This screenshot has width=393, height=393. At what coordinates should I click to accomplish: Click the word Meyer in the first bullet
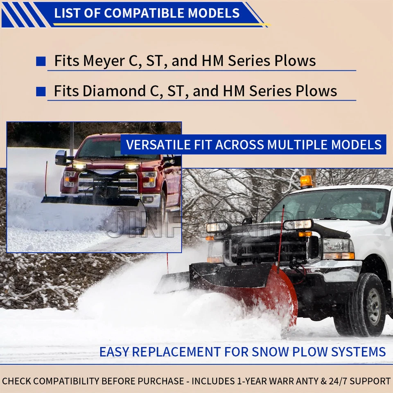[x=104, y=61]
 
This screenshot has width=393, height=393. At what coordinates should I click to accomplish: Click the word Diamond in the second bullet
[x=114, y=91]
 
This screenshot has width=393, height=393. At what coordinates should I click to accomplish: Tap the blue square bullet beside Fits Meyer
[x=41, y=61]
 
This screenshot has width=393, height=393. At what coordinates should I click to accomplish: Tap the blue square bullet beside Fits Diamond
[x=41, y=91]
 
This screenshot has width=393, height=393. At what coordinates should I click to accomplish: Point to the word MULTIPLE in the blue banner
[x=297, y=145]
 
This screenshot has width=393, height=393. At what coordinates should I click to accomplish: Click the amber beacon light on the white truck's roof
[x=306, y=181]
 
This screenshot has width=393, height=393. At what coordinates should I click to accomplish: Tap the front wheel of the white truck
[x=367, y=305]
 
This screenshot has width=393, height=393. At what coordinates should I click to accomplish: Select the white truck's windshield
[x=328, y=204]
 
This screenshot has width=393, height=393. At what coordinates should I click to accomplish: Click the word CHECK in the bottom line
[x=16, y=381]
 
